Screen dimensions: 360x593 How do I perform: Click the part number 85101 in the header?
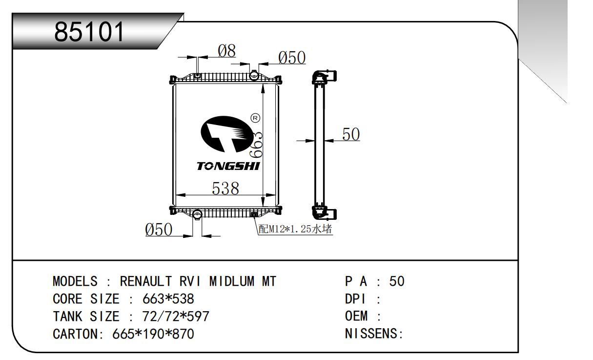[90, 32]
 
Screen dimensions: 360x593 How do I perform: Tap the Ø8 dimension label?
[226, 51]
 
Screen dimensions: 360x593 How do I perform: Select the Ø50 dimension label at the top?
[292, 58]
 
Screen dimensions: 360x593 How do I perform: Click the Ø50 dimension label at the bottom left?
[159, 229]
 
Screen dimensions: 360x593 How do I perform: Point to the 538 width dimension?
[225, 188]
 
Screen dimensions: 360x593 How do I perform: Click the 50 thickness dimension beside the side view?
[350, 134]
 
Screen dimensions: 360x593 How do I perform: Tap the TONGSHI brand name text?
[228, 166]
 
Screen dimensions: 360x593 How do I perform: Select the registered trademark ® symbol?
[255, 118]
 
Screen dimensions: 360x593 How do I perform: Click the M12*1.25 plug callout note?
[295, 229]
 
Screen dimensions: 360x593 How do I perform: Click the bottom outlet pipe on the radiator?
[197, 214]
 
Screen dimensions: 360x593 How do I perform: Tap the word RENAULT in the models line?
[146, 281]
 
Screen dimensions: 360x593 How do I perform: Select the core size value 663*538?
[168, 299]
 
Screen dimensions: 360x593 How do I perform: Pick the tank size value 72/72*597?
[175, 317]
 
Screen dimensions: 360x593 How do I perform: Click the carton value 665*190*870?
[153, 334]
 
